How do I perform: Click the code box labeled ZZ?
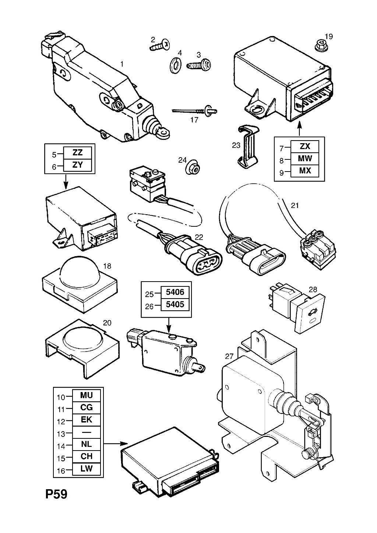77,153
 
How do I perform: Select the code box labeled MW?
305,158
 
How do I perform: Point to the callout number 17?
194,120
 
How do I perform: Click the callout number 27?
229,356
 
